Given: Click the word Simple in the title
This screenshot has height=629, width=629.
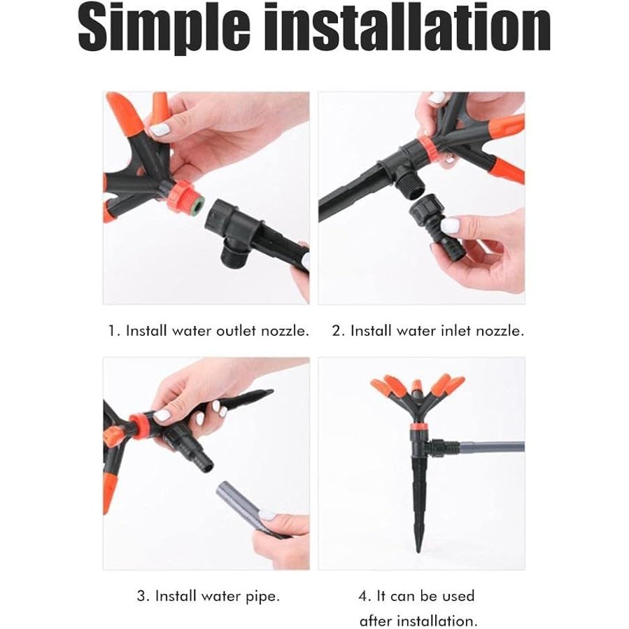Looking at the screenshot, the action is (164, 28).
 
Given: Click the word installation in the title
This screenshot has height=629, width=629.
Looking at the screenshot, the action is (407, 27).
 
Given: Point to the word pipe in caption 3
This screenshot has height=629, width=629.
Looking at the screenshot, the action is (263, 597).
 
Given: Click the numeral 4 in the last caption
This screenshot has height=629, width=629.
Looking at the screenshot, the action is (364, 596).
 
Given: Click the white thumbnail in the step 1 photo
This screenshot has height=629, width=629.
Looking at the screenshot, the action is (160, 130).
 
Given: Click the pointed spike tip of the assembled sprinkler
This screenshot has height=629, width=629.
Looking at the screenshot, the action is (418, 551).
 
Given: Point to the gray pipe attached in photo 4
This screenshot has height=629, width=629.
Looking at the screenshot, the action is (492, 446).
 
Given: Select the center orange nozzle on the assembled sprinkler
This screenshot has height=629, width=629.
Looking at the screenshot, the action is (417, 387).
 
